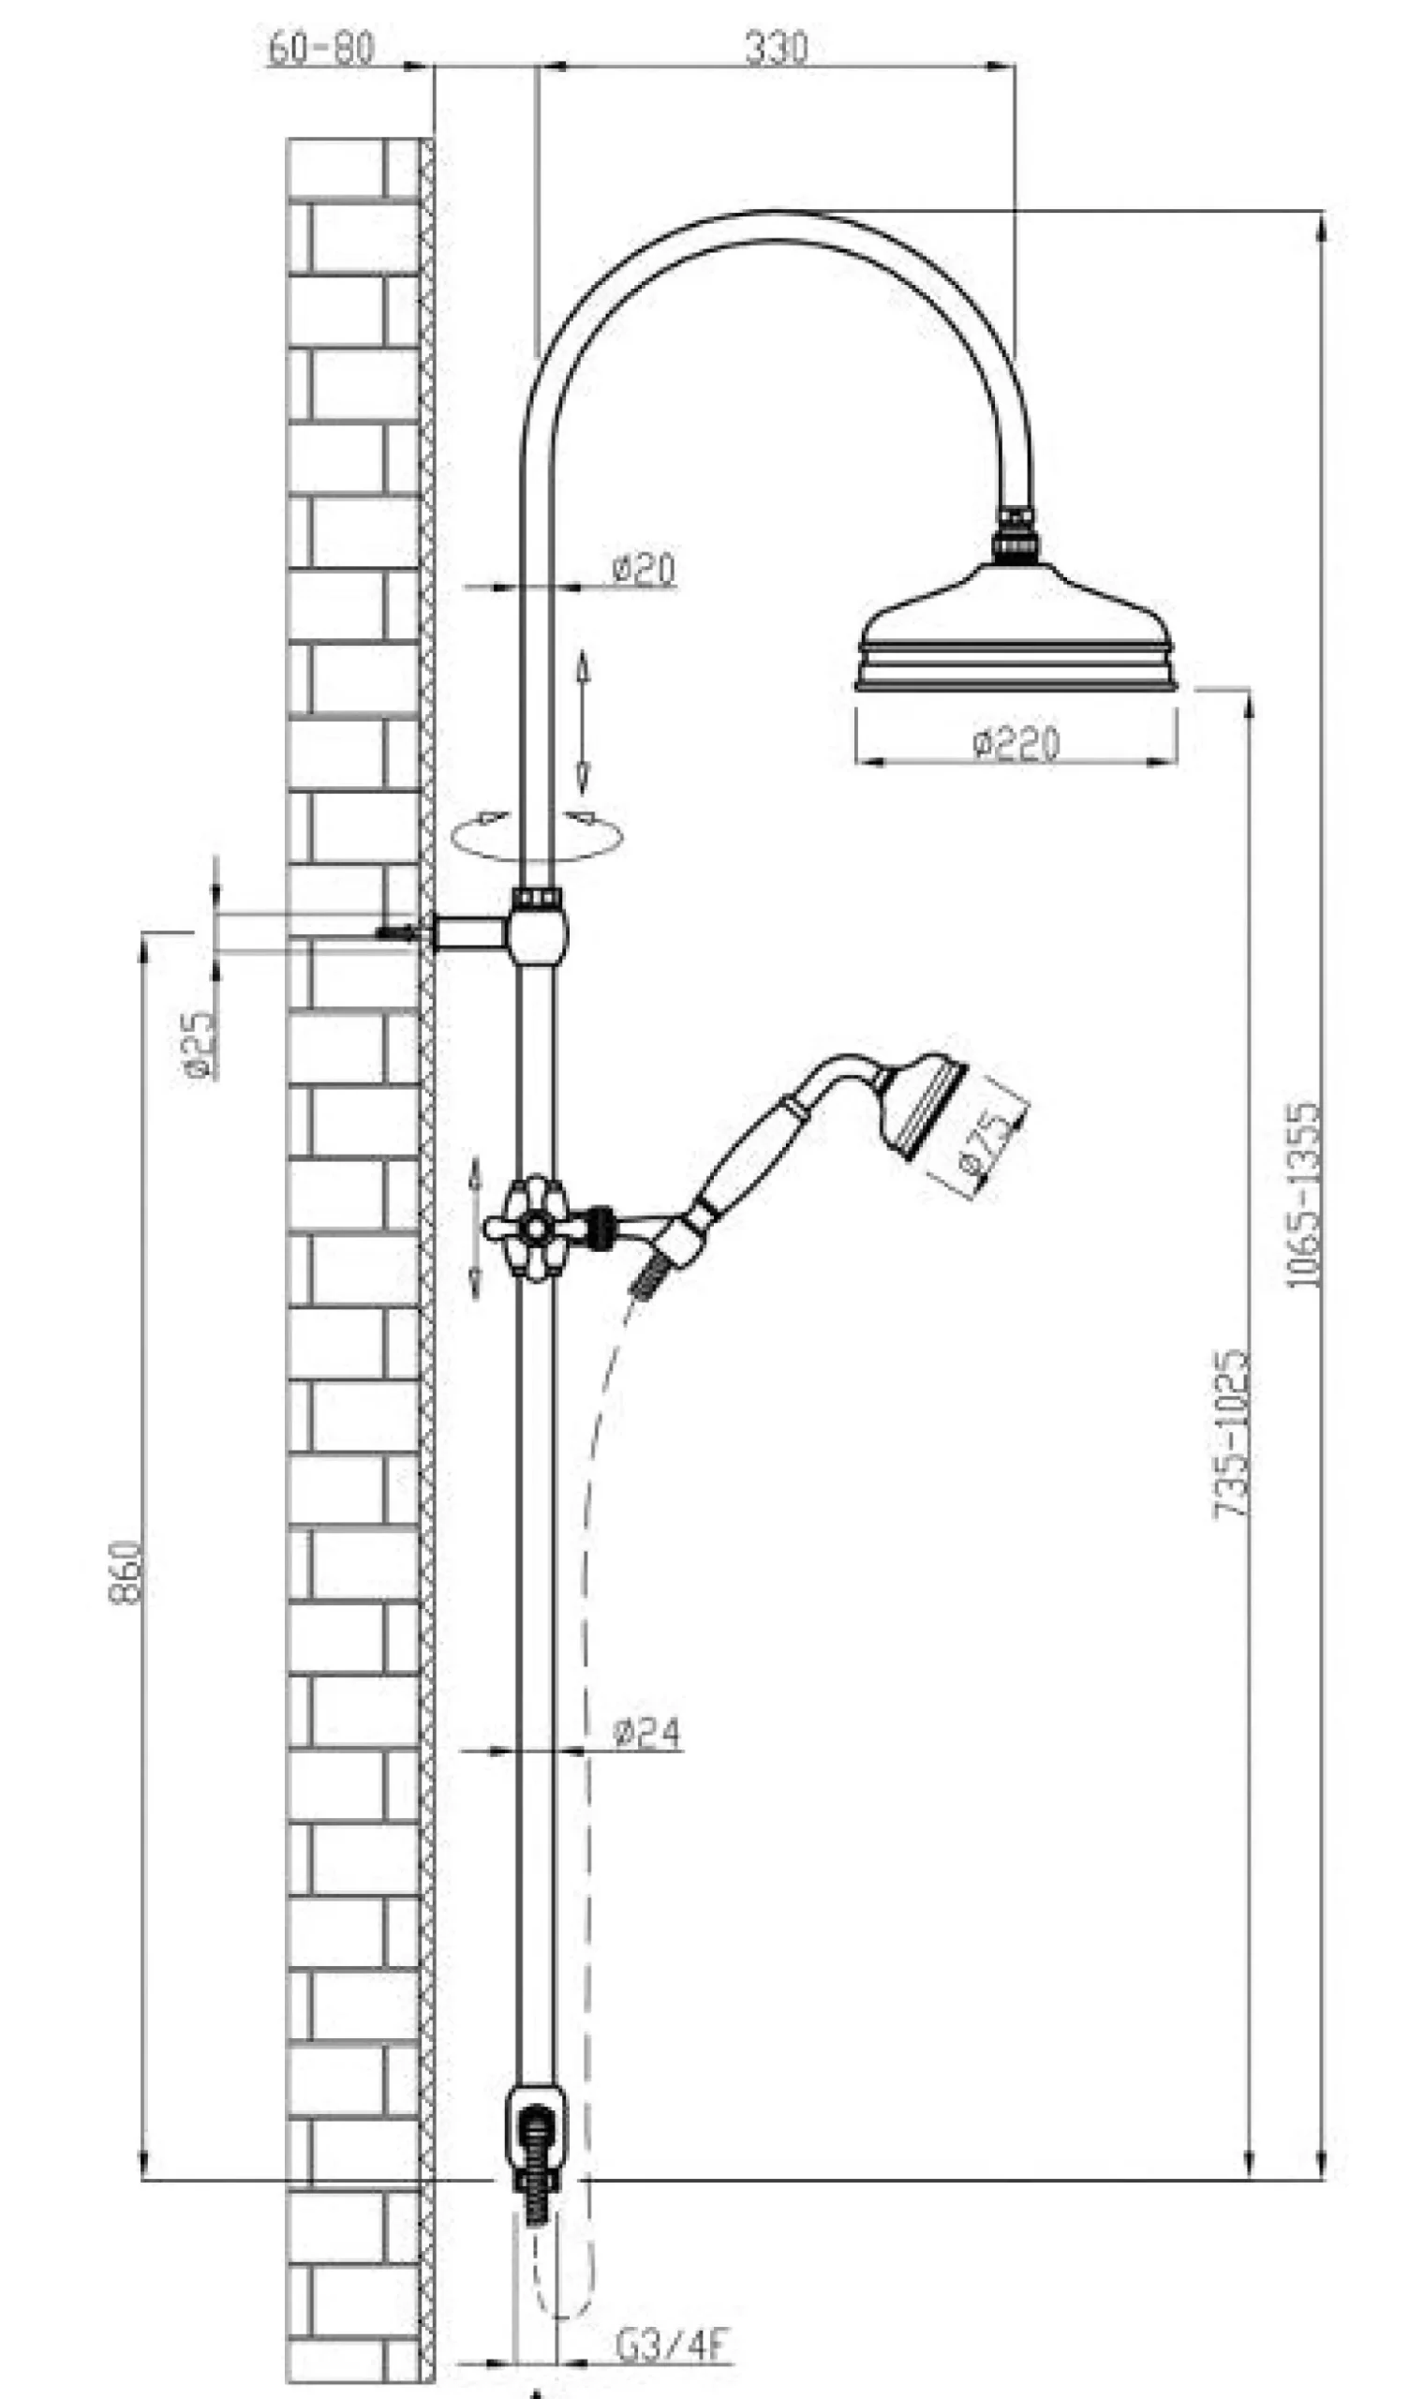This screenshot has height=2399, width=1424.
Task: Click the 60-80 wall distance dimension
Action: [x=320, y=48]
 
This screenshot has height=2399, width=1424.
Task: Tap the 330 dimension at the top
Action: [x=777, y=48]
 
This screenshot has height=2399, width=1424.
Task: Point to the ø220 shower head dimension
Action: [x=1016, y=744]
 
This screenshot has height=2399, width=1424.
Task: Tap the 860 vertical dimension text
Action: [x=126, y=1571]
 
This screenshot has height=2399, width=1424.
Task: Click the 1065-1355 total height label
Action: [x=1303, y=1195]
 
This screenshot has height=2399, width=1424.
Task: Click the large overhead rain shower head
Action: [x=1016, y=624]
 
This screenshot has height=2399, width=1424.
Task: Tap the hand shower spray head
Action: [x=923, y=1106]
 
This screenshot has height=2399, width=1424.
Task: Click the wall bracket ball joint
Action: [x=539, y=932]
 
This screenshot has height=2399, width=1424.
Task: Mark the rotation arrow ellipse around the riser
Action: [x=537, y=835]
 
